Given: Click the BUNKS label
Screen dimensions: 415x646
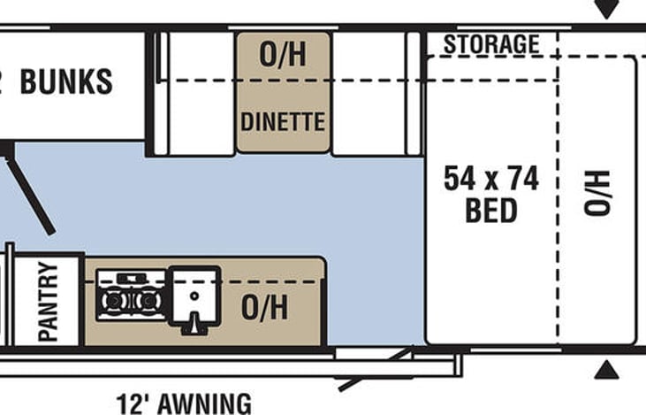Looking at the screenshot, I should point(66,81).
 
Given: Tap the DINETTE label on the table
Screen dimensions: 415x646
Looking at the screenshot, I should point(283,121).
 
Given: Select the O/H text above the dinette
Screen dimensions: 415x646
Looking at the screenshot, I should point(283,55).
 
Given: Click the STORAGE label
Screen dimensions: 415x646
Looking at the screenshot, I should point(491,44).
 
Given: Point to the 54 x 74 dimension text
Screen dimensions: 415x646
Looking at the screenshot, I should point(491,180).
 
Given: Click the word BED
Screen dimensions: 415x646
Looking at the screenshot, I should point(491,211).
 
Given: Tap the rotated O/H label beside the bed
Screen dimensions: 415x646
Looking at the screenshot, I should point(597,194).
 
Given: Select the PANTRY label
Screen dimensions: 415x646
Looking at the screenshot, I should point(48,301).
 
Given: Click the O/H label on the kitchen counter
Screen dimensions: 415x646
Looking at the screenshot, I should point(264,307).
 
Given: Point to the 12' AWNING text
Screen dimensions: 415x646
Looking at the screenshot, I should point(184,403).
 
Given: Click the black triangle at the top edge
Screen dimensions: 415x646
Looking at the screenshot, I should point(606,10).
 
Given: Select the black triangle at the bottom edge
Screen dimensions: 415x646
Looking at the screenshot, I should point(606,369).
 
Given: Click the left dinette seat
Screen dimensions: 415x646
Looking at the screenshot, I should point(201,93).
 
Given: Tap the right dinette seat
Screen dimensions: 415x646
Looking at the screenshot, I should point(369,93).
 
